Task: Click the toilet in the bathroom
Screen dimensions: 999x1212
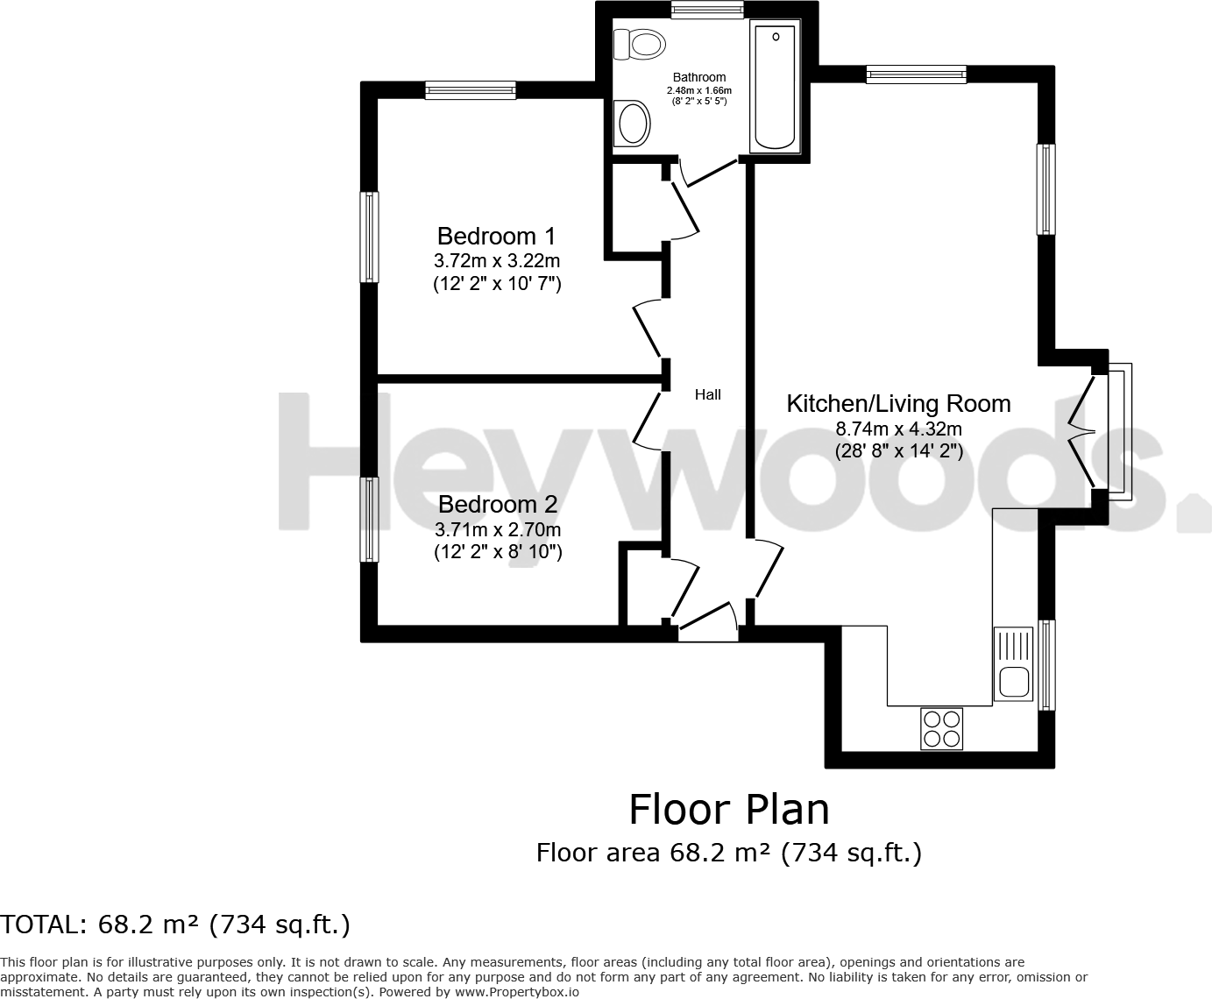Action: (x=639, y=43)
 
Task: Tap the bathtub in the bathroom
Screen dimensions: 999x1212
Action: (x=775, y=88)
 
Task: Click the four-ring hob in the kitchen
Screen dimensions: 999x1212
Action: (x=941, y=728)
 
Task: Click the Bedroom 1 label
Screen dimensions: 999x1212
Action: (x=496, y=236)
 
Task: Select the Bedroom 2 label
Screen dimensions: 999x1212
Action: (x=497, y=504)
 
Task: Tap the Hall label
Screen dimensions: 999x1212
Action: (x=707, y=394)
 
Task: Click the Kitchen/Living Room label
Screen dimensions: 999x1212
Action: (x=898, y=403)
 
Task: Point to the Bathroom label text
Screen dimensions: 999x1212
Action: (x=698, y=77)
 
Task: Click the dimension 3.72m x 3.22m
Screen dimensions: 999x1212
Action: (x=496, y=260)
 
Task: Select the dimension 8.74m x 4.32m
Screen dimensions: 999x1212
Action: (x=898, y=429)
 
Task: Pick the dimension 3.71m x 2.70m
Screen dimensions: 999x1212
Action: (x=497, y=529)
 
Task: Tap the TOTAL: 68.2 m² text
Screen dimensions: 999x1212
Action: (x=175, y=925)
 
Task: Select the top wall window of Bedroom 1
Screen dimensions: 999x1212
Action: (x=471, y=89)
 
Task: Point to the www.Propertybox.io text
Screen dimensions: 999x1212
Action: (x=516, y=992)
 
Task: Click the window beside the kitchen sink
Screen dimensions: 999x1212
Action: (x=1046, y=664)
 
